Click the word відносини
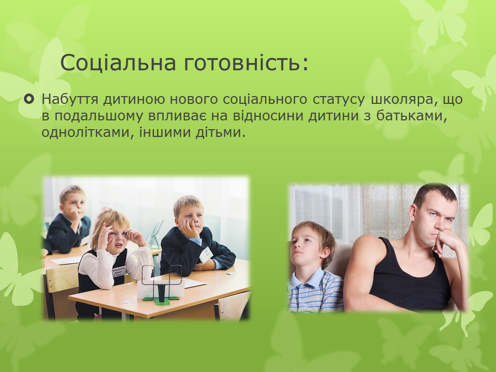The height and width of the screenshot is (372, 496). click(269, 116)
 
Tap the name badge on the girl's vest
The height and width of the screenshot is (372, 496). click(119, 272)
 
